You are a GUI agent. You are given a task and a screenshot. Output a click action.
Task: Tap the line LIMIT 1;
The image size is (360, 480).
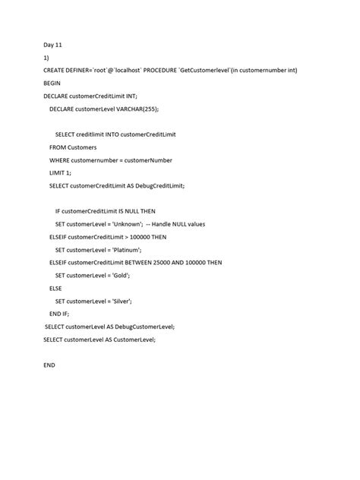point(65,174)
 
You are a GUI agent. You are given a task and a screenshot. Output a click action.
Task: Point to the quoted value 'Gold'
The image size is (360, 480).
point(118,276)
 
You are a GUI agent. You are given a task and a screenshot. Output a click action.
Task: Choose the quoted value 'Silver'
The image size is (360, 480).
point(119,302)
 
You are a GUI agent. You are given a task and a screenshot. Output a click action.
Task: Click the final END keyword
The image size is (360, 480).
point(49,365)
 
